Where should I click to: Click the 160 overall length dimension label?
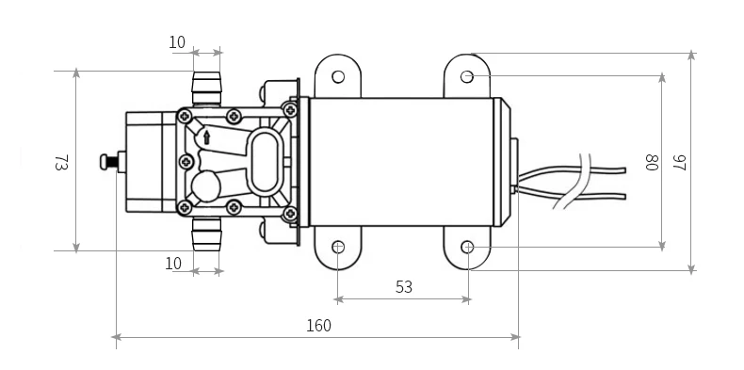point(318,326)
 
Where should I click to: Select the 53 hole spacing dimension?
point(404,287)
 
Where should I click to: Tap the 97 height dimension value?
point(679,162)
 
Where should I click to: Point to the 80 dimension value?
point(651,162)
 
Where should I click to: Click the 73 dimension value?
point(61,162)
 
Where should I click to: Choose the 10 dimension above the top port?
point(177,42)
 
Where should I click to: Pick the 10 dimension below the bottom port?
point(173,264)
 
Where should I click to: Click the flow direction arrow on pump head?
point(207,137)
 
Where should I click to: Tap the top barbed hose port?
point(206,88)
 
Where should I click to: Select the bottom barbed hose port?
point(206,233)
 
